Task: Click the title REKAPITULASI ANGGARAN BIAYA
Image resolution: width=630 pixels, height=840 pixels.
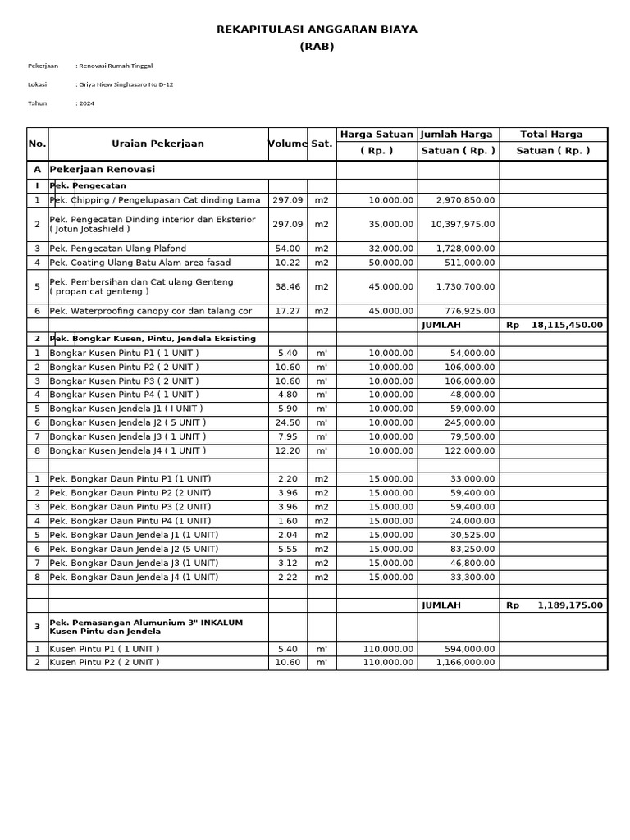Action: point(317,30)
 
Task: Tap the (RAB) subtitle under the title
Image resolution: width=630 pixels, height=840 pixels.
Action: point(317,47)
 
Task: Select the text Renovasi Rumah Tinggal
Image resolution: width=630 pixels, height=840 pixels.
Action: point(115,66)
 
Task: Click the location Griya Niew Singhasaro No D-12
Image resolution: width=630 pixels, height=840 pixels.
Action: point(126,84)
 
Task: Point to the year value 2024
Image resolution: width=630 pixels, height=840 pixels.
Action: point(86,103)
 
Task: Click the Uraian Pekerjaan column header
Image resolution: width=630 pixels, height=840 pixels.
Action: point(157,144)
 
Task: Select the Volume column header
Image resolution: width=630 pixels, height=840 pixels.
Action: point(287,144)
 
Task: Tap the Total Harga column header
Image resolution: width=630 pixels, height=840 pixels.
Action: point(553,135)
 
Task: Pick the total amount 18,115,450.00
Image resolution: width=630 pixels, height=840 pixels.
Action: point(567,325)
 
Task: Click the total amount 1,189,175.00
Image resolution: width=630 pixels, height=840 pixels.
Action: point(570,605)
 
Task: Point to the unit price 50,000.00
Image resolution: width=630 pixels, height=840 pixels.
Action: point(391,262)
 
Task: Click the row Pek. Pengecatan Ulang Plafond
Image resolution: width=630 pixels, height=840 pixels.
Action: point(118,249)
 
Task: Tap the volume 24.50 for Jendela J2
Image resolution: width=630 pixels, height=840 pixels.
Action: point(287,422)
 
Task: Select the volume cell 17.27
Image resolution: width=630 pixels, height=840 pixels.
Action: point(287,311)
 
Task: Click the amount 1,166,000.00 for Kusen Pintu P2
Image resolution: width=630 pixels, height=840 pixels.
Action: point(465,663)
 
